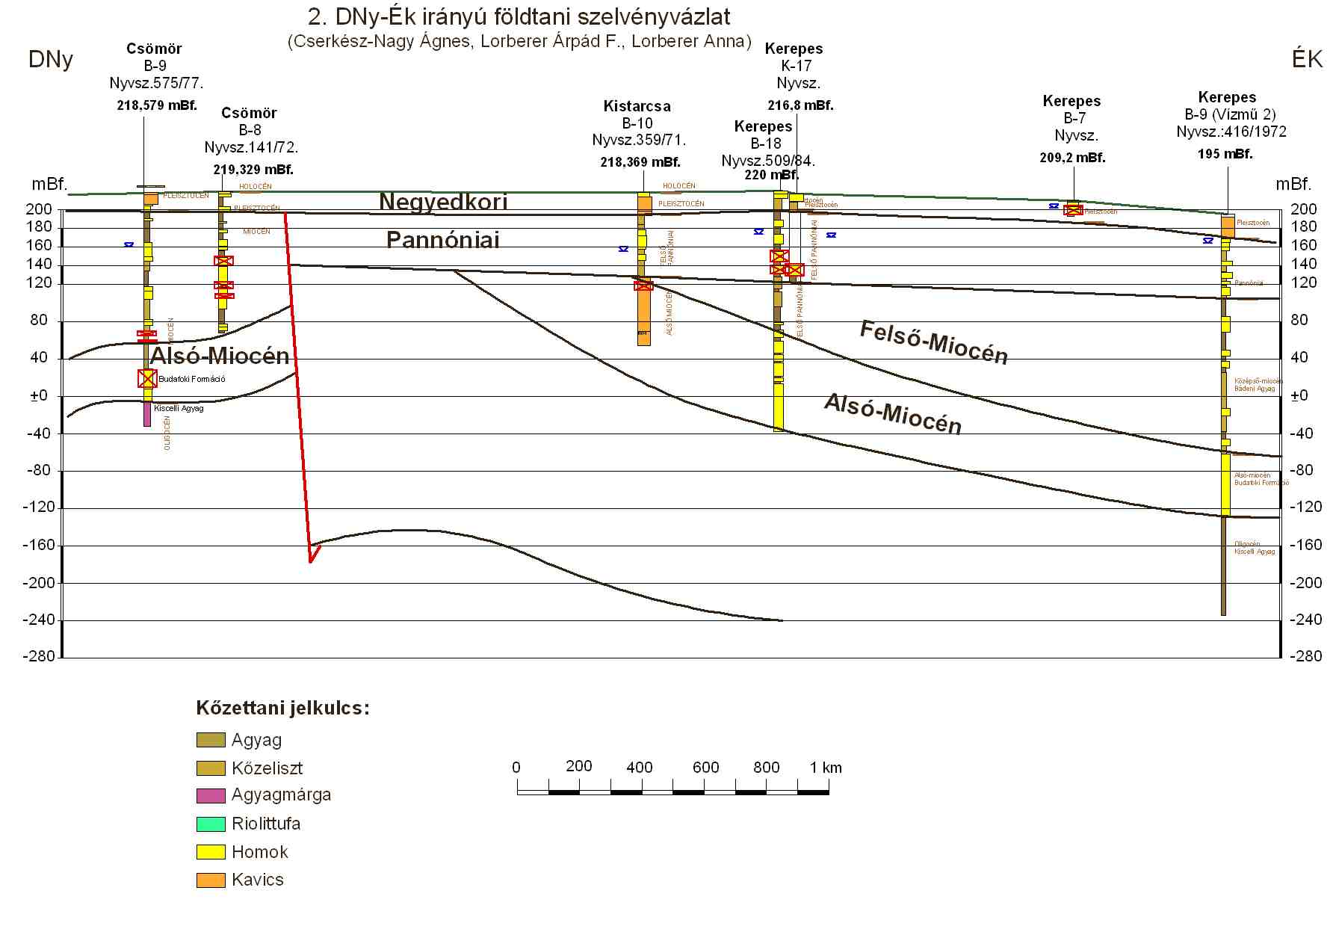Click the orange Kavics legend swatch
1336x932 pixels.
(x=211, y=880)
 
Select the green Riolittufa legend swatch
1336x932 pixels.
(x=211, y=824)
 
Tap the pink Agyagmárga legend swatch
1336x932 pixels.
(x=211, y=795)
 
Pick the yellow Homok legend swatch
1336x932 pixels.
(x=211, y=852)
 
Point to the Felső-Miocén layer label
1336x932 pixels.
(x=933, y=343)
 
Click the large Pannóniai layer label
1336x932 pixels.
(x=442, y=239)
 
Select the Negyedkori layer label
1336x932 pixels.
(x=443, y=201)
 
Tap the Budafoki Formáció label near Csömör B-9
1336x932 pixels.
(x=192, y=379)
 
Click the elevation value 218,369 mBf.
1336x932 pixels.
(x=640, y=162)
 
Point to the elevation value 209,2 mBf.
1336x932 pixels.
(x=1072, y=158)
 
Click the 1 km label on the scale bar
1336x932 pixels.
(x=826, y=768)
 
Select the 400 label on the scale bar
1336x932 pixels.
(x=640, y=768)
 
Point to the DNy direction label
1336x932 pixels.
(x=51, y=60)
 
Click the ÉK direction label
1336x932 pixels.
(x=1307, y=60)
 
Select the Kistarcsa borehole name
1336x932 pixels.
(x=637, y=106)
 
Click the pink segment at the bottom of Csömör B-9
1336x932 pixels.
(x=147, y=415)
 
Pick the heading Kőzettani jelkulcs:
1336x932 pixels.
(x=282, y=708)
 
